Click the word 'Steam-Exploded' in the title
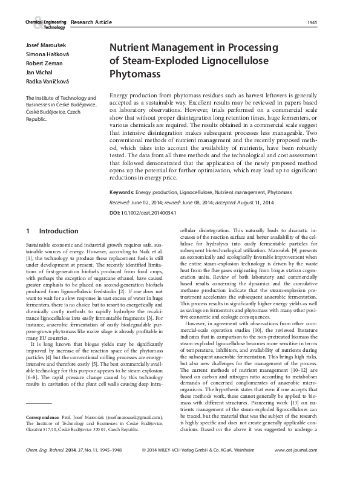(x=160, y=61)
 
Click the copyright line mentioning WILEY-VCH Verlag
(x=208, y=467)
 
